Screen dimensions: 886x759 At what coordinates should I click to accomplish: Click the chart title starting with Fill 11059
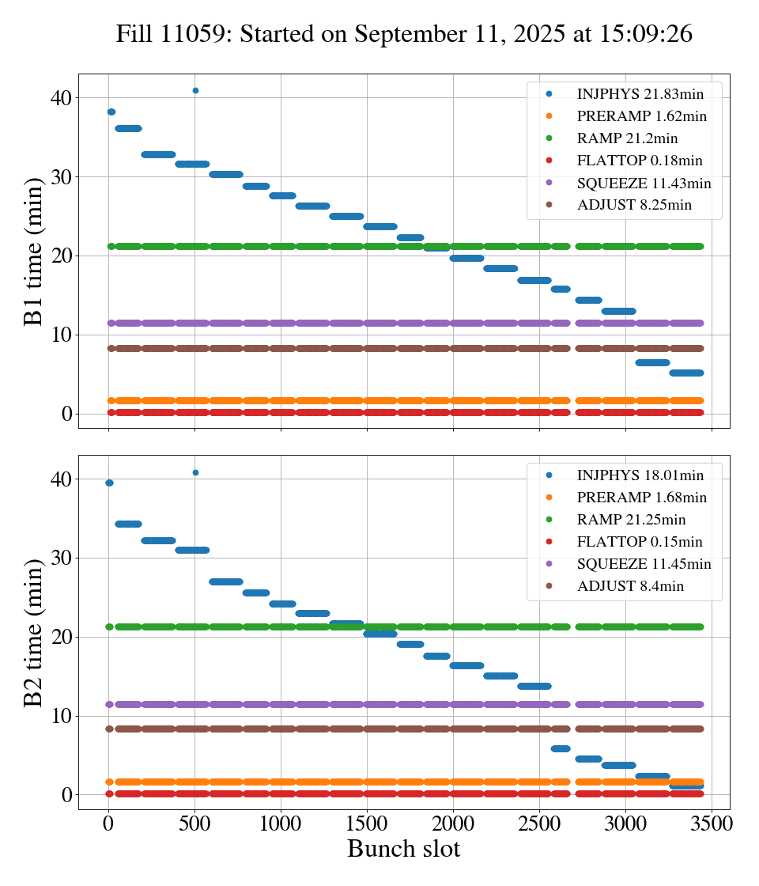tap(404, 34)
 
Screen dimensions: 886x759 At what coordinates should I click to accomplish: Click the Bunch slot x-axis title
tap(403, 849)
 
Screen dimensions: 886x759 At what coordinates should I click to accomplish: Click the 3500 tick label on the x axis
tap(712, 823)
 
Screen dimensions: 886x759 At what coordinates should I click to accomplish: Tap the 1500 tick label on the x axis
tap(367, 823)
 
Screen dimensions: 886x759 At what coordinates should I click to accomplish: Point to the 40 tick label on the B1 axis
tap(62, 98)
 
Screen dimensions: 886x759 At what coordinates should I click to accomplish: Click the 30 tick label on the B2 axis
tap(62, 558)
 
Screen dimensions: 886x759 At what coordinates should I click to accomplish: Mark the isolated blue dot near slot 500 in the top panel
tap(195, 90)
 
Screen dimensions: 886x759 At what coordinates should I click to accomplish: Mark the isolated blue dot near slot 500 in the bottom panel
tap(195, 472)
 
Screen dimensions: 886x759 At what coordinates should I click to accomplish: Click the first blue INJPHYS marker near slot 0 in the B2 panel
tap(109, 483)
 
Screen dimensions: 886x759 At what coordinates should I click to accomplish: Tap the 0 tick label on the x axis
tap(108, 823)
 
